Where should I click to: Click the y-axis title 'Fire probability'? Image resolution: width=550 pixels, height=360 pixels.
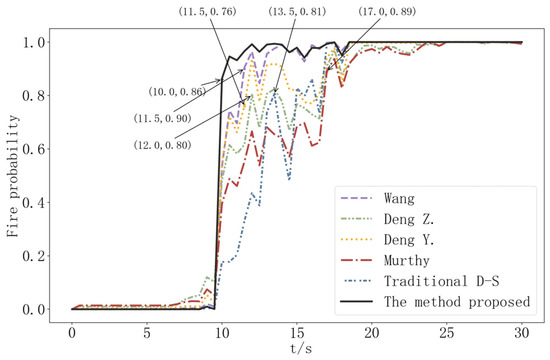[x=13, y=175]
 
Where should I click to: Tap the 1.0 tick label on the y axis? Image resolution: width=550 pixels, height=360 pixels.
[x=37, y=43]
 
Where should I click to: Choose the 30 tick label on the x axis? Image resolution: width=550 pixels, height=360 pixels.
[x=522, y=330]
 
